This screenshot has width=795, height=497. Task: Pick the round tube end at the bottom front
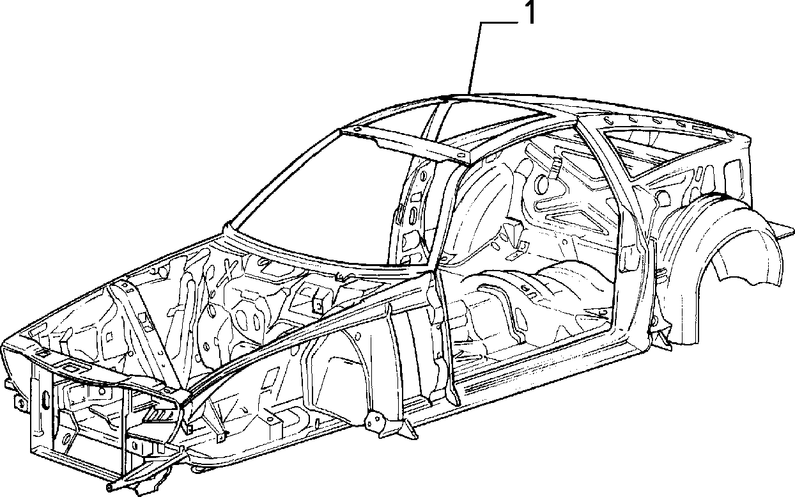click(109, 487)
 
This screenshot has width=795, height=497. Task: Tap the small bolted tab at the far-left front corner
click(20, 403)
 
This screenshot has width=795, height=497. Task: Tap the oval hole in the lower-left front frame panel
click(66, 439)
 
